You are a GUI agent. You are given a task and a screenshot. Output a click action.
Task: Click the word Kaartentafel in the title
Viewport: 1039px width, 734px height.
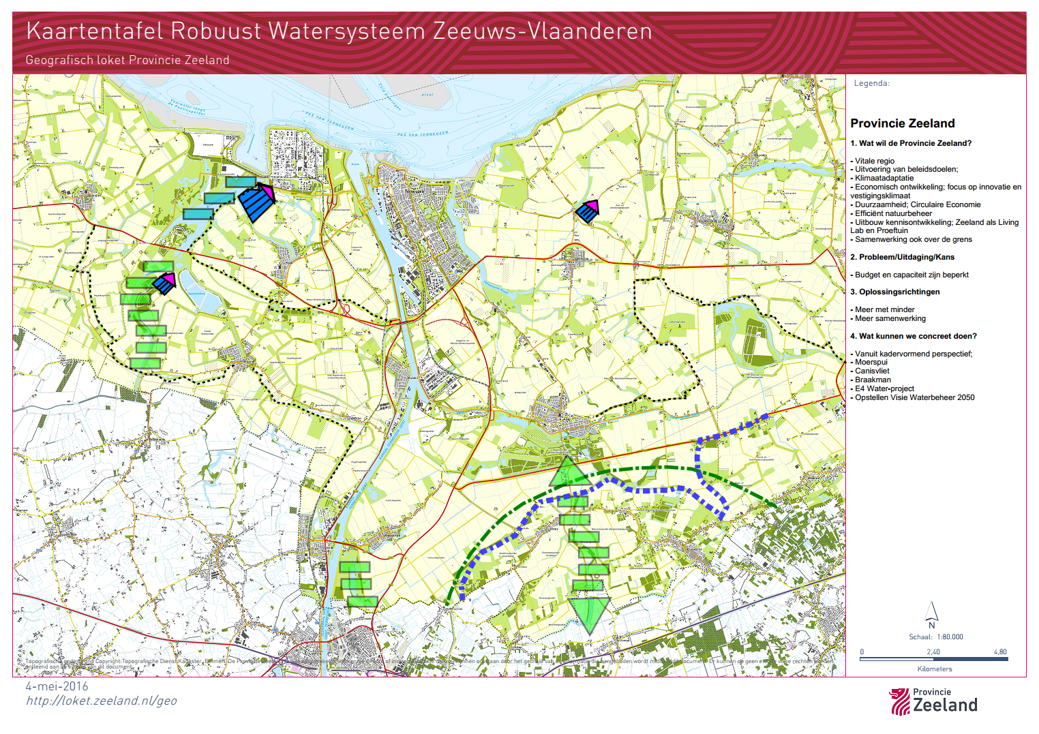pos(95,31)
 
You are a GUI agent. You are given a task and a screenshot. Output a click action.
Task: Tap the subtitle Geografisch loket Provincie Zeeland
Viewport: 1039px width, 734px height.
pos(127,60)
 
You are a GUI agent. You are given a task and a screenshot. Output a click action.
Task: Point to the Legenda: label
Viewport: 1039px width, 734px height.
pos(871,83)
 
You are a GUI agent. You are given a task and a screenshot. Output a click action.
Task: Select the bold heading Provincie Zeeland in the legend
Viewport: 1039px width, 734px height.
pos(902,123)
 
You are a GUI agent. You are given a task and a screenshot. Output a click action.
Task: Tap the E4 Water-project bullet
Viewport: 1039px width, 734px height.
pos(884,388)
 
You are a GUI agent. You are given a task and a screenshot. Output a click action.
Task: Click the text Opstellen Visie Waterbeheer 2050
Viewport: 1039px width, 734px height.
pos(914,397)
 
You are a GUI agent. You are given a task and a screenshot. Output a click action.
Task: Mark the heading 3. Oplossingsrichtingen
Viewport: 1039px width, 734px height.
pos(894,292)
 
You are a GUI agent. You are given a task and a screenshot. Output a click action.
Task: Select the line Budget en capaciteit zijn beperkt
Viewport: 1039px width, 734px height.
pos(911,275)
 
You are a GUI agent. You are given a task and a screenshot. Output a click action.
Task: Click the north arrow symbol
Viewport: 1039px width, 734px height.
pos(931,611)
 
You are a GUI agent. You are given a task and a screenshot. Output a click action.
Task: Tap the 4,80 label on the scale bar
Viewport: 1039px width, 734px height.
pos(1000,652)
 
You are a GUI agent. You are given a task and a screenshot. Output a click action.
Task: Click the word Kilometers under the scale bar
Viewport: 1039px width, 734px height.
pos(935,669)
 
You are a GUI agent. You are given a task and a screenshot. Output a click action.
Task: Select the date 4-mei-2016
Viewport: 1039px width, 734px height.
pos(57,687)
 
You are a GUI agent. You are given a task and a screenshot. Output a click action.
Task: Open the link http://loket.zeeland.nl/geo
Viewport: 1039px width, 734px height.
pos(102,701)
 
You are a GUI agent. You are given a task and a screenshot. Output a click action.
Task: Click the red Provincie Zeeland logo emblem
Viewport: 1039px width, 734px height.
pos(900,702)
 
